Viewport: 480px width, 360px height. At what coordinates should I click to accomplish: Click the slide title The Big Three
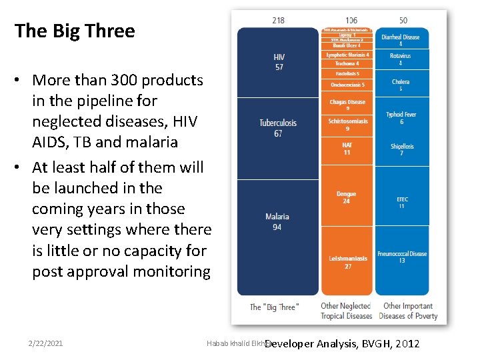75,31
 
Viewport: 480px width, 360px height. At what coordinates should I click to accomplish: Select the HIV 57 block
279,62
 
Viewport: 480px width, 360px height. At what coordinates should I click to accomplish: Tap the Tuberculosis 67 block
278,128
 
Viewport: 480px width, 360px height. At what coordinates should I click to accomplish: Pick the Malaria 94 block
277,222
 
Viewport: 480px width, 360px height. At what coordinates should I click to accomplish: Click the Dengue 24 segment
346,197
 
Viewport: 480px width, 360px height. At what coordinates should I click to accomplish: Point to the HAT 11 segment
346,148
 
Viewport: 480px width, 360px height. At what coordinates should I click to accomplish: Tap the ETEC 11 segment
401,202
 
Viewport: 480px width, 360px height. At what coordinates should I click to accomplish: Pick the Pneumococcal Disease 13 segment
401,257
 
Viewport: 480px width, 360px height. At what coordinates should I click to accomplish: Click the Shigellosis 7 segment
401,149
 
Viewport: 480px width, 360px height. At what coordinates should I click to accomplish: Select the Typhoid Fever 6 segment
401,118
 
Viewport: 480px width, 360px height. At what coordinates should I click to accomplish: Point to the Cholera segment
401,85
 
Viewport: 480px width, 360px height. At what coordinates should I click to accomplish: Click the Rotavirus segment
401,59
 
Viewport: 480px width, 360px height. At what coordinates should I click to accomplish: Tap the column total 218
278,20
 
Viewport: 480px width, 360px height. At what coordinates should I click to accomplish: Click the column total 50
403,20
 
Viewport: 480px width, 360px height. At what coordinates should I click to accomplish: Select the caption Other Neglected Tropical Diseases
346,311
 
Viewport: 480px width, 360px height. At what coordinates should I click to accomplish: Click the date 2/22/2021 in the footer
46,343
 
